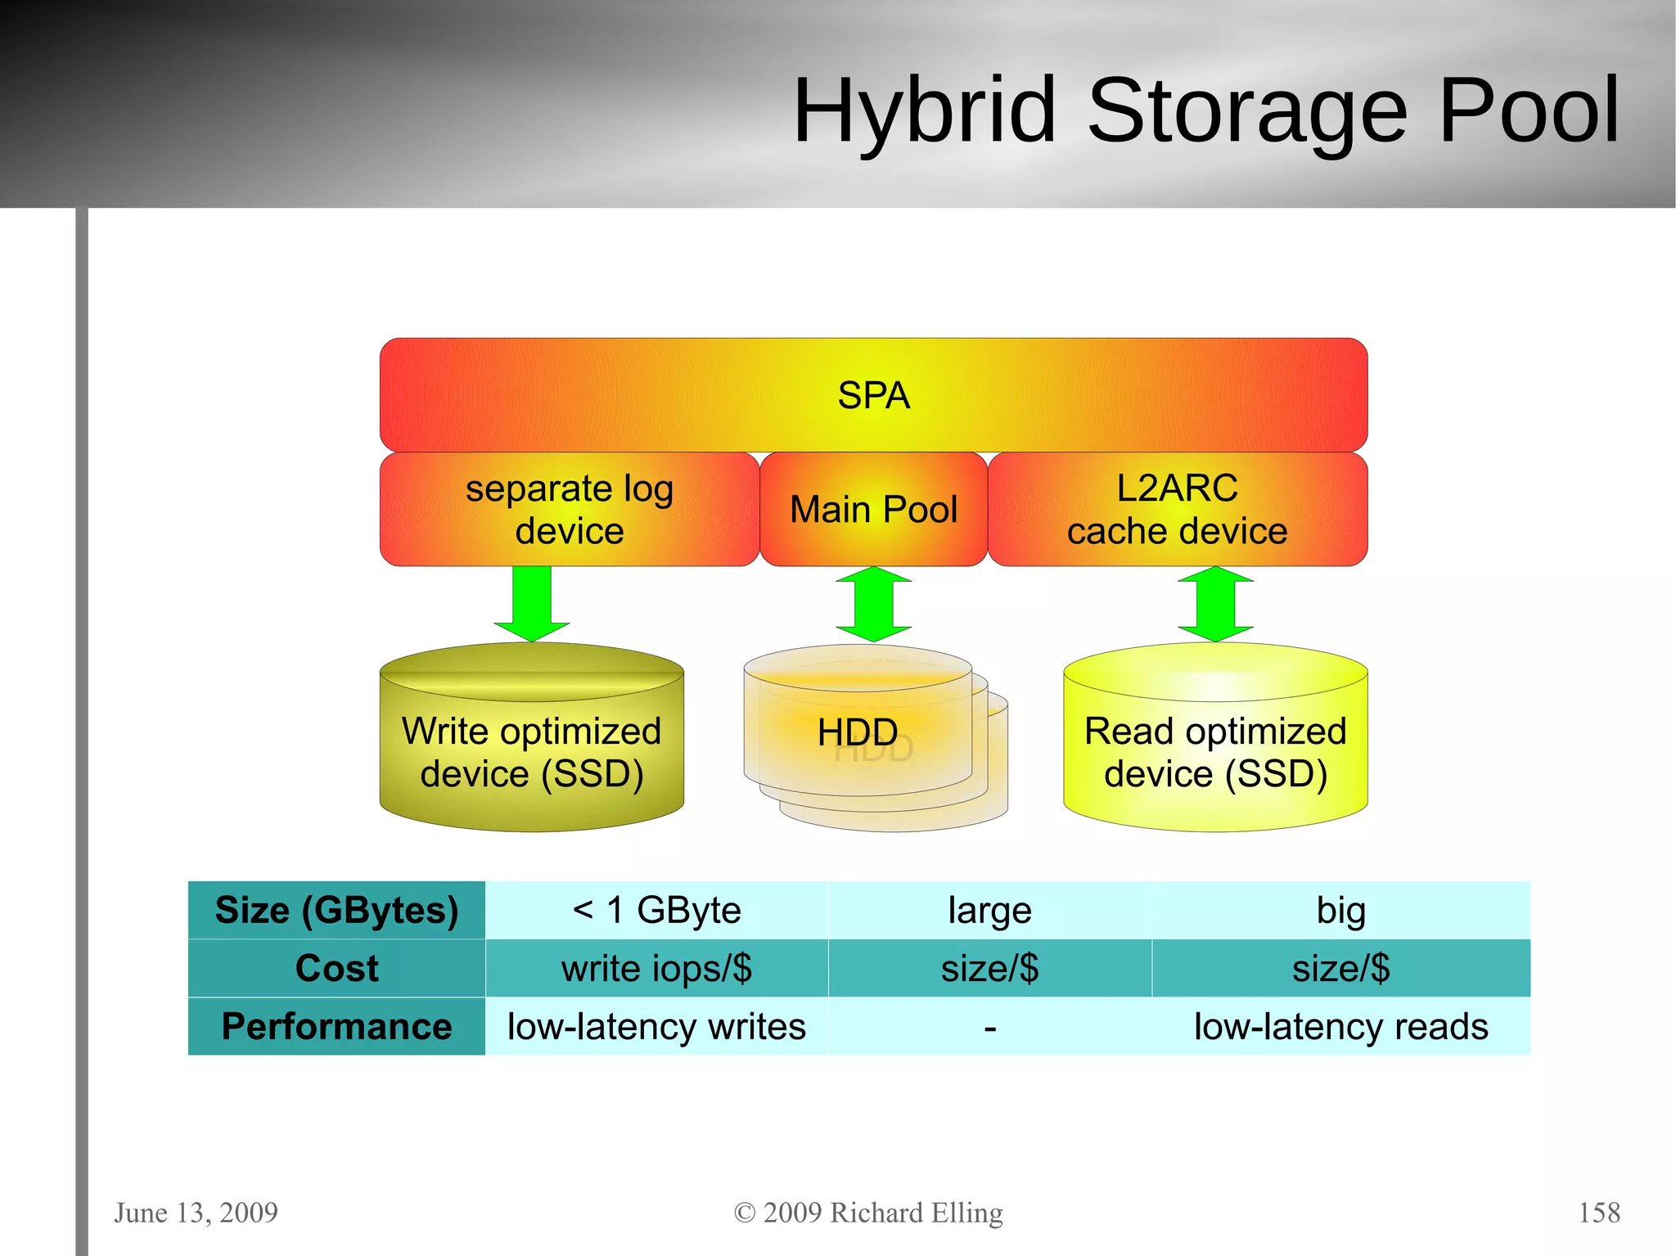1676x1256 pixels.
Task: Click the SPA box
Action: [873, 395]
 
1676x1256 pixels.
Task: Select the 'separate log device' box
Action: [569, 509]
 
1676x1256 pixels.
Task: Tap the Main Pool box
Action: [873, 509]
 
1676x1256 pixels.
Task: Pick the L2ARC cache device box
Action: [1177, 509]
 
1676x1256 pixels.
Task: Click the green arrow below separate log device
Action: [532, 604]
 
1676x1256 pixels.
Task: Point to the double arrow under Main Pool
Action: [873, 604]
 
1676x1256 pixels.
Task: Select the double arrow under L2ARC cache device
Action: [1215, 604]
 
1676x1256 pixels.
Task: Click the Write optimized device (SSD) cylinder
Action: [532, 753]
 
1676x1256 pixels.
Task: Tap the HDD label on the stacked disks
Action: [858, 732]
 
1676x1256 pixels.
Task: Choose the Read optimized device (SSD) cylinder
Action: [1215, 753]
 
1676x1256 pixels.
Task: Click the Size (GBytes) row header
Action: [336, 910]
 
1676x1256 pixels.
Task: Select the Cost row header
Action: [336, 968]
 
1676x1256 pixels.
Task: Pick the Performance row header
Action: [336, 1026]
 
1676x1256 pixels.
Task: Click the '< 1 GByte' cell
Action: [656, 910]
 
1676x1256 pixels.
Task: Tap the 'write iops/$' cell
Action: [656, 968]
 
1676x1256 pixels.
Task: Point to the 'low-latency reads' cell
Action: [1340, 1026]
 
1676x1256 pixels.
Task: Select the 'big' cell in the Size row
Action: [1340, 910]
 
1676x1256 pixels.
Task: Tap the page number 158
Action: [1598, 1212]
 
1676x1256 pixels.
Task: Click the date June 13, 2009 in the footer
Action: [196, 1212]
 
